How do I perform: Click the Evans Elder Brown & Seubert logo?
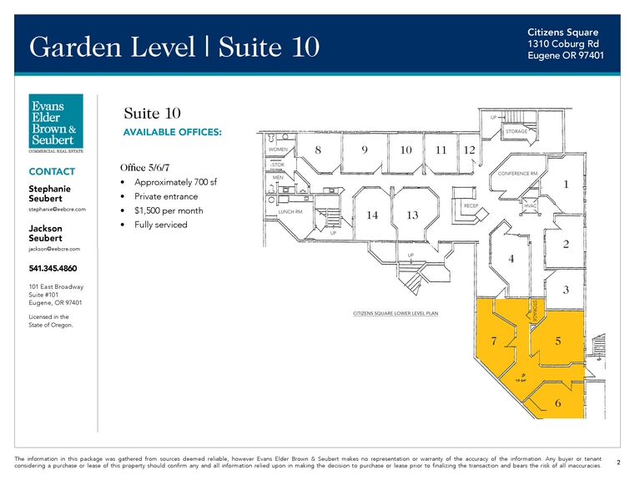[56, 124]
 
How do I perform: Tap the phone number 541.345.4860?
[52, 269]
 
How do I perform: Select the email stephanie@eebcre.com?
[58, 209]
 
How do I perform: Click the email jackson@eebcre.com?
[54, 249]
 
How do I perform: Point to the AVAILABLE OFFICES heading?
[172, 133]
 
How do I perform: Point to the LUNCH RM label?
[290, 212]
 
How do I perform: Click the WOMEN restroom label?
[278, 149]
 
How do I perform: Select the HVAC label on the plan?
[530, 205]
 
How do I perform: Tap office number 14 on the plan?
[372, 215]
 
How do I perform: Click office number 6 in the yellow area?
[557, 403]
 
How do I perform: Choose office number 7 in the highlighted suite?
[494, 342]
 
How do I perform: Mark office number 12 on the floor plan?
[469, 150]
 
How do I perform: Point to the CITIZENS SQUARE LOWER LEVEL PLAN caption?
[396, 314]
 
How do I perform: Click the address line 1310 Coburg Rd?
[562, 43]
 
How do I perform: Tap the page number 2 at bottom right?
[617, 461]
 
